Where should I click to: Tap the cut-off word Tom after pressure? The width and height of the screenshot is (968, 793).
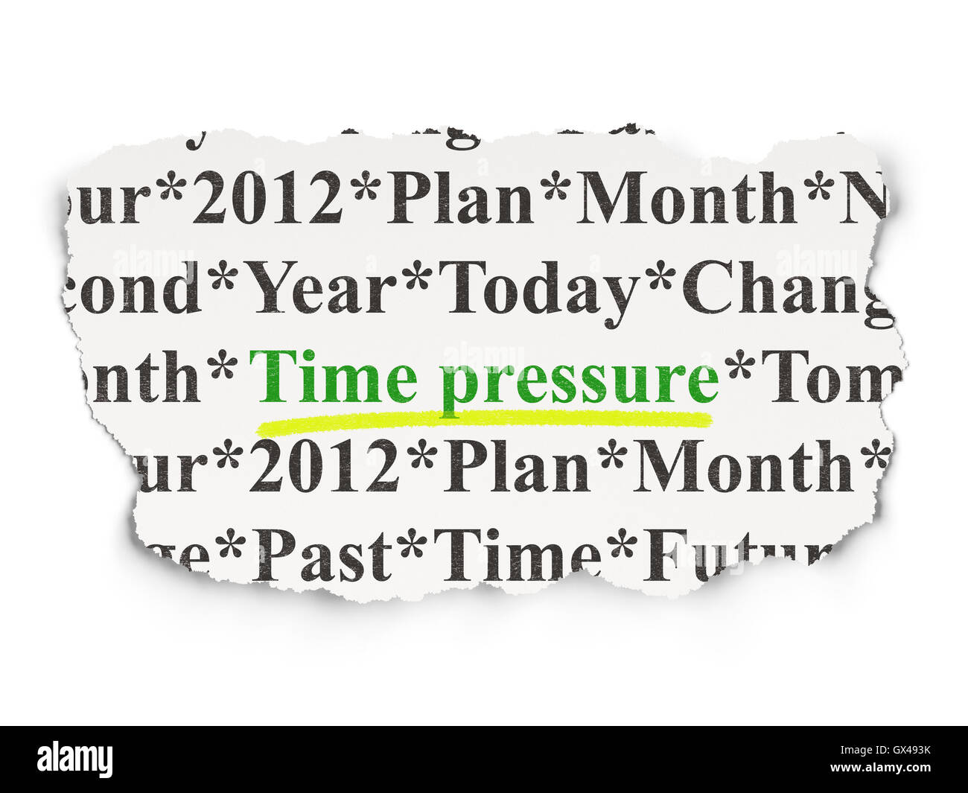click(830, 378)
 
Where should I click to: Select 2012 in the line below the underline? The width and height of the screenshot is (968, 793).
click(324, 467)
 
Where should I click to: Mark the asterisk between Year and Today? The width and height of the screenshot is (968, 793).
click(418, 277)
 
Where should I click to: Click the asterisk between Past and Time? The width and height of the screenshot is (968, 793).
click(411, 546)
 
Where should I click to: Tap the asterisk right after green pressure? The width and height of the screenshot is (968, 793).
click(739, 366)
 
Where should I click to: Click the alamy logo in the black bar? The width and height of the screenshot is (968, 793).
click(75, 759)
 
